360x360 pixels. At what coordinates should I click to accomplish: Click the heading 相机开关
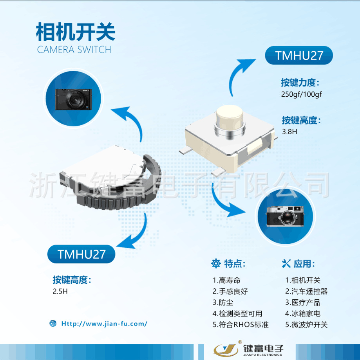75,32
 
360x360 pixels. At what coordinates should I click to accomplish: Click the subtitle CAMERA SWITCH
74,50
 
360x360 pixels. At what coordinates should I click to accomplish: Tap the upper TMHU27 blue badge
299,56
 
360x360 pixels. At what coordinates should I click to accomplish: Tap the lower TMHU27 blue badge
81,254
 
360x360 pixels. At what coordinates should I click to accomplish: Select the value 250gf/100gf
301,95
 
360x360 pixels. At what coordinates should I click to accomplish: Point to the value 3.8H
289,131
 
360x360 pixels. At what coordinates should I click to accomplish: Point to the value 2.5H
60,292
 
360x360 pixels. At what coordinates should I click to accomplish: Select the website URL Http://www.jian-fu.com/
104,324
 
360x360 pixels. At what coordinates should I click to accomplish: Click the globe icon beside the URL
53,324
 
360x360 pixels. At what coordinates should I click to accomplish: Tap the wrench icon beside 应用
286,263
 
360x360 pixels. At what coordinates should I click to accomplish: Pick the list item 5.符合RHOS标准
241,325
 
